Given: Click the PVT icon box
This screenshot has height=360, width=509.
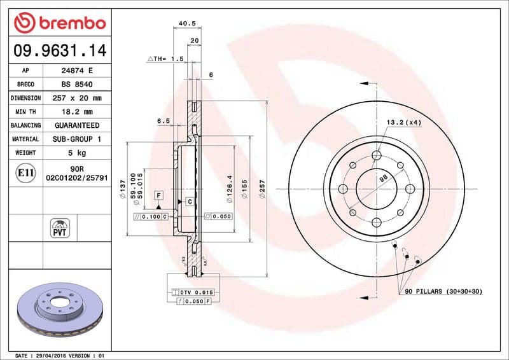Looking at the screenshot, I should tap(61, 228).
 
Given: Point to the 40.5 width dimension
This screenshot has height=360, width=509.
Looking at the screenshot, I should tap(187, 24).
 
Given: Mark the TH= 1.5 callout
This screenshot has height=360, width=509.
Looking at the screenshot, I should tap(167, 59).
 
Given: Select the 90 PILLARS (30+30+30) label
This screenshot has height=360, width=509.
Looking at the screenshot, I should tap(443, 291).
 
